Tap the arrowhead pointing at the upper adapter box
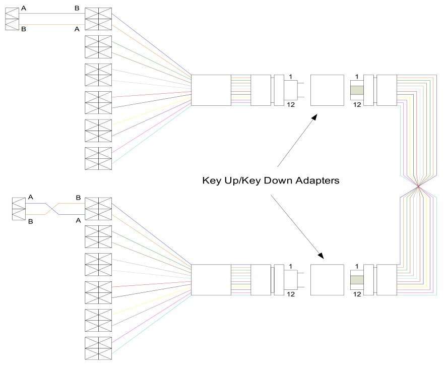point(315,116)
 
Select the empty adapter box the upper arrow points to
point(327,90)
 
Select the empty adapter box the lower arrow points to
point(327,280)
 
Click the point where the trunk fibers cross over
point(418,187)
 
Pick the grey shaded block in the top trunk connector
point(357,90)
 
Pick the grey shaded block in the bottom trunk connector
point(357,280)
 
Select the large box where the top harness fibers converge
point(211,90)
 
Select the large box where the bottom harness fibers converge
point(211,280)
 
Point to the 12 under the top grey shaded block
point(357,104)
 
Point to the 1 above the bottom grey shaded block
point(357,266)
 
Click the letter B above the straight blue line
point(77,8)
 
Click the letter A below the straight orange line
point(77,29)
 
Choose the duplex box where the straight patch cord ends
point(98,19)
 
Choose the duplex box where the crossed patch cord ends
point(98,209)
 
